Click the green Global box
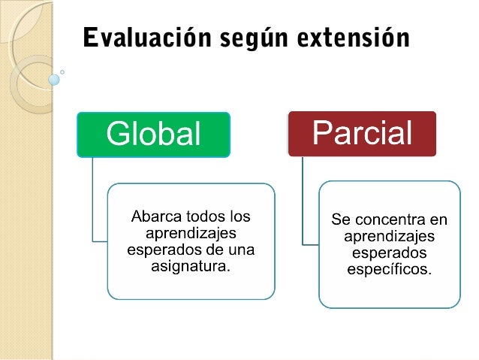pos(154,135)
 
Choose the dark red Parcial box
pos(362,134)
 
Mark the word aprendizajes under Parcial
pos(389,236)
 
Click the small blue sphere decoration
pos(53,78)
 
